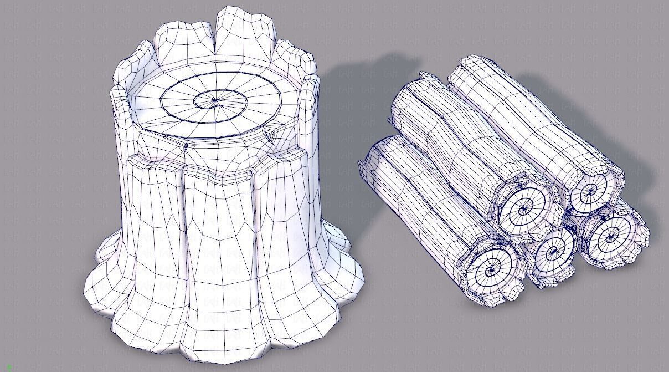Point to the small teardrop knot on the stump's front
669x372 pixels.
tap(185, 146)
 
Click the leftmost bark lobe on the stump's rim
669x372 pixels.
tap(120, 105)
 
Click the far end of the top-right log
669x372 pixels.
tap(471, 64)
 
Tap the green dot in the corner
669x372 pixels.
tap(9, 368)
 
